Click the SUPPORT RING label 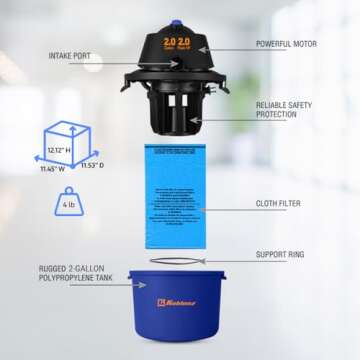(280, 255)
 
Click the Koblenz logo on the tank (177, 301)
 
